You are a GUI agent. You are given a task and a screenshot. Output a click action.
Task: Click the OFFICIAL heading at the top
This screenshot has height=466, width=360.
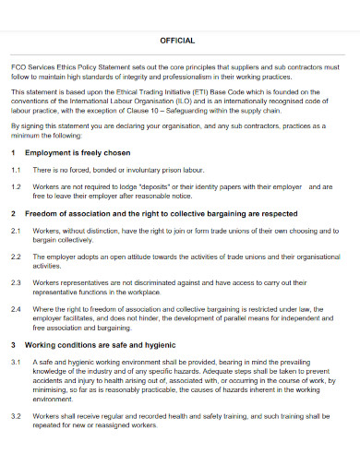(178, 41)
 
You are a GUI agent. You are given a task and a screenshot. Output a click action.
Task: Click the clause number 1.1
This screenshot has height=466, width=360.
(16, 171)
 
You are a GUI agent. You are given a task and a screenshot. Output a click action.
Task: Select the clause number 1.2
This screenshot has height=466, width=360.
(16, 186)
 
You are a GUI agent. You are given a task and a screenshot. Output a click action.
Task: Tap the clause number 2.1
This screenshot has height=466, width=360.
(16, 230)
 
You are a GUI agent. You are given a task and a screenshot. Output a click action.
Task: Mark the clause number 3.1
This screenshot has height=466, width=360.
(16, 363)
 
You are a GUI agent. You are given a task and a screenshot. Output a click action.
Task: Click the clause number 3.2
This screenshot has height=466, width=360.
(16, 416)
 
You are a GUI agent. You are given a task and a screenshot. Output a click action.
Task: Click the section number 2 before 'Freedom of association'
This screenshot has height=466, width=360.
(13, 212)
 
